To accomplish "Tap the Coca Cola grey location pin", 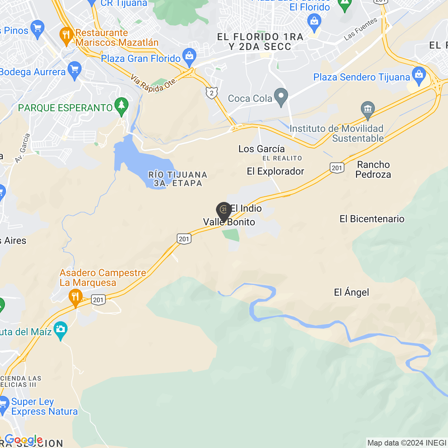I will [281, 97].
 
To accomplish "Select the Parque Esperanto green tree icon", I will [121, 106].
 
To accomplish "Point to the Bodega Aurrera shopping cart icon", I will [75, 70].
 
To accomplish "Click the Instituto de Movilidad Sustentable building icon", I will [367, 110].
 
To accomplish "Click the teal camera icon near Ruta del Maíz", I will [61, 330].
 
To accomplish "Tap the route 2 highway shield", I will [212, 93].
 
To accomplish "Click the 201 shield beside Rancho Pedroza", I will [337, 168].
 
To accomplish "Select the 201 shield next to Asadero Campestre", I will [98, 300].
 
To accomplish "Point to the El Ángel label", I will [351, 292].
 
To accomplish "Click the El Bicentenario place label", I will [372, 219].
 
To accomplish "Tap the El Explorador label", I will [275, 171].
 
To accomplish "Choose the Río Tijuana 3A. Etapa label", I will [178, 179].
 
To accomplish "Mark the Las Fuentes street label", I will [360, 29].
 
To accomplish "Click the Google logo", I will [24, 440].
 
